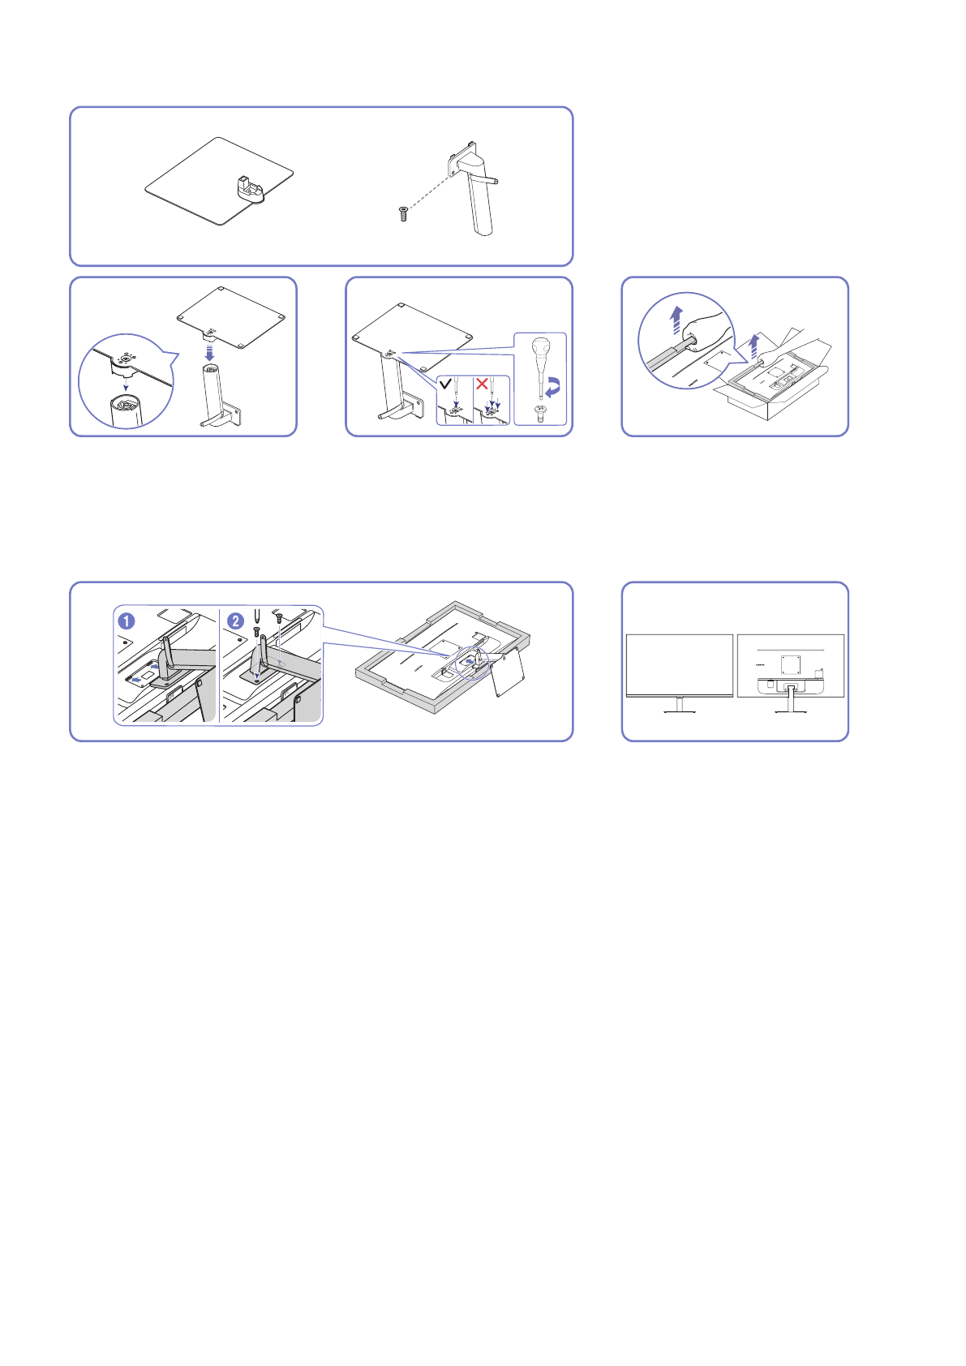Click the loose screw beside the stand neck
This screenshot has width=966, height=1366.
[404, 213]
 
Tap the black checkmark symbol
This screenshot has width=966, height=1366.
[445, 383]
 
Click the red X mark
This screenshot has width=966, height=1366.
[482, 383]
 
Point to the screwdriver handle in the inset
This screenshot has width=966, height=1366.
[540, 350]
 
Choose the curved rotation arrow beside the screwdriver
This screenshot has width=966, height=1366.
[553, 388]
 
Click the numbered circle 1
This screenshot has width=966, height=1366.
[127, 621]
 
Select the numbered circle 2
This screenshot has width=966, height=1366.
[235, 621]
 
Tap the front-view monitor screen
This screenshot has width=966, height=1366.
[680, 664]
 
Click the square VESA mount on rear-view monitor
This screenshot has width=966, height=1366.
[790, 664]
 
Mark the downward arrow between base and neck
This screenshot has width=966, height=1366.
[209, 352]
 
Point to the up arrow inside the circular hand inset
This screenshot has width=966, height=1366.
[675, 320]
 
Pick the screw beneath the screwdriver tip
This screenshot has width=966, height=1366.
[540, 412]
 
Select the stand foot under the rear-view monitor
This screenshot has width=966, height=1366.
[791, 711]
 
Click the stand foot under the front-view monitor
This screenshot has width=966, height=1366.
[680, 711]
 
